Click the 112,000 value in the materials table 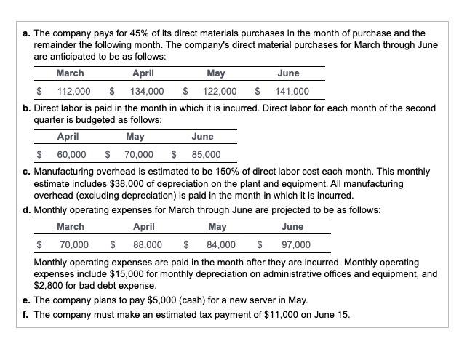73,91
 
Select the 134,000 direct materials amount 146,91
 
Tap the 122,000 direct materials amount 219,91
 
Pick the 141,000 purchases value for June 292,91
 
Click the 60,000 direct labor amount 71,154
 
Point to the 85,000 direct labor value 206,154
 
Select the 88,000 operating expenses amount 148,244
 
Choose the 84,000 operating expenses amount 221,244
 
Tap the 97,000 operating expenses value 295,244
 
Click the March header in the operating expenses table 71,226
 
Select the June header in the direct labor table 202,136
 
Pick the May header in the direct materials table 216,73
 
